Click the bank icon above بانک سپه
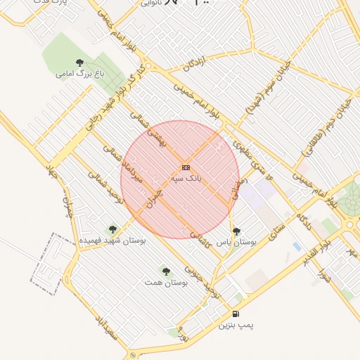(x=186, y=167)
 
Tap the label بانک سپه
(x=186, y=179)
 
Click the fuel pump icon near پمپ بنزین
(x=235, y=314)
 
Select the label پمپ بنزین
(x=235, y=326)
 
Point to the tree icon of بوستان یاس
(x=236, y=231)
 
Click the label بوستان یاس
(x=236, y=241)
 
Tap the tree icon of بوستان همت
(x=166, y=271)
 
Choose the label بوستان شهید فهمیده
(x=112, y=240)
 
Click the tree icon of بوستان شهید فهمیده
(x=112, y=229)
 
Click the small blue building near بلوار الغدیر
(x=297, y=247)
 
